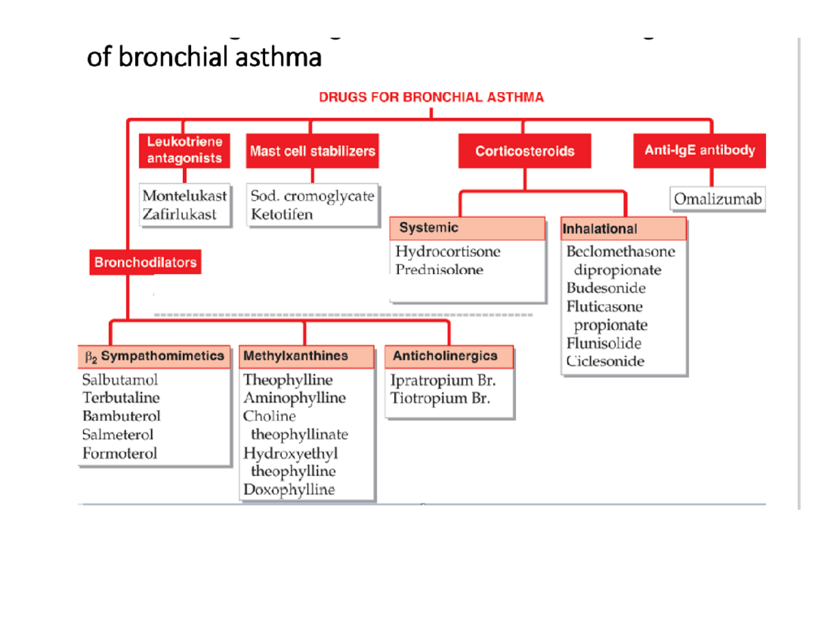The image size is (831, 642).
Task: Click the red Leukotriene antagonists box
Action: tap(184, 150)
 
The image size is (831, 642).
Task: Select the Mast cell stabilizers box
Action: tap(312, 151)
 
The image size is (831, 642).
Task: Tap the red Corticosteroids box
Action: tap(525, 151)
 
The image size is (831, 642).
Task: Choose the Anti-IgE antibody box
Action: tap(699, 150)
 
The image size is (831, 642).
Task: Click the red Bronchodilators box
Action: tap(145, 262)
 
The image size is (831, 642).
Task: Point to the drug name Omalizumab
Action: tap(718, 199)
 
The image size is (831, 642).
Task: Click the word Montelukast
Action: tap(184, 196)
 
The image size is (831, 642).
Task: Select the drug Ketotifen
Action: tap(282, 214)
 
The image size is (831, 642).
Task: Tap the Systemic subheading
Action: tap(429, 227)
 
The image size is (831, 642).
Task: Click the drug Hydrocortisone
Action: tap(447, 251)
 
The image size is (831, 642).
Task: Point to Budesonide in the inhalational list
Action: tap(606, 288)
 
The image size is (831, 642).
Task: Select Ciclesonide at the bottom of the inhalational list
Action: tap(605, 361)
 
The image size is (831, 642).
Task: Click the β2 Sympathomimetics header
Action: tap(154, 356)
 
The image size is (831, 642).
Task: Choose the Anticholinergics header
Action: tap(445, 356)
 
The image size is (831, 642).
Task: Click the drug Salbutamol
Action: tap(120, 380)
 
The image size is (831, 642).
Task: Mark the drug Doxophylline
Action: tap(289, 490)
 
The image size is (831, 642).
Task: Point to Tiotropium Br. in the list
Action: tap(440, 398)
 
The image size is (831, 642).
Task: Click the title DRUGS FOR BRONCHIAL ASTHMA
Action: tap(431, 98)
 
